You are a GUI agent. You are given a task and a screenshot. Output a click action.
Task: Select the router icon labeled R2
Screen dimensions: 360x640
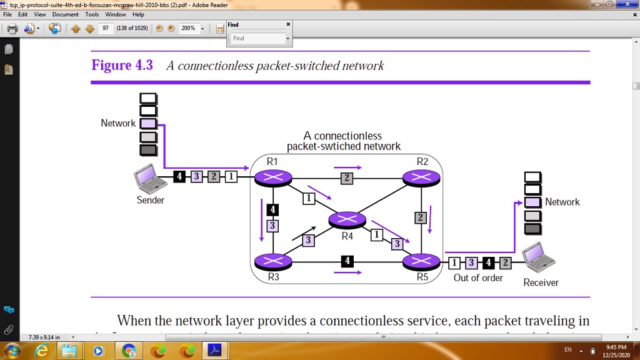coord(422,178)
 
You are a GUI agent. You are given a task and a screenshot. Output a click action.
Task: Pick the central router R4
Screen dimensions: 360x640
coord(347,220)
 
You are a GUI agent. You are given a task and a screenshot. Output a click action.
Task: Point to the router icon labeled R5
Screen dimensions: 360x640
coord(422,261)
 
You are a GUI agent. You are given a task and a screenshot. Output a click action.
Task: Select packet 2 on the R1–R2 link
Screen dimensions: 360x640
coord(346,179)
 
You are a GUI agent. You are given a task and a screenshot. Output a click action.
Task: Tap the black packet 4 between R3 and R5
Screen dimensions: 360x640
coord(347,261)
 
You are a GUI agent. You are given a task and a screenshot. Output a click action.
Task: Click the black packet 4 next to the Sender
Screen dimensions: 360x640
coord(179,177)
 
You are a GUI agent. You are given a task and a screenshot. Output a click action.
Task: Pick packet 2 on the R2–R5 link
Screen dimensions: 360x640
coord(421,217)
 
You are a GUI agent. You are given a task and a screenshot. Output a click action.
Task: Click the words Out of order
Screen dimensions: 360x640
coord(478,277)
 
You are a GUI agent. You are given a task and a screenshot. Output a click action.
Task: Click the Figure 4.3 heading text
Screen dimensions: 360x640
coord(122,66)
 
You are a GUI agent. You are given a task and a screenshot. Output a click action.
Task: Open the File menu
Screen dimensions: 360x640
coord(7,14)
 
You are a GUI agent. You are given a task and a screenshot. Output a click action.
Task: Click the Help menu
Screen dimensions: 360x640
coord(138,14)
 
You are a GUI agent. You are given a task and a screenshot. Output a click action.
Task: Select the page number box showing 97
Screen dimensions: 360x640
coord(106,28)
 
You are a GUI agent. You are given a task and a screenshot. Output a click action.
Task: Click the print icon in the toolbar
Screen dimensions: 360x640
coord(12,28)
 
